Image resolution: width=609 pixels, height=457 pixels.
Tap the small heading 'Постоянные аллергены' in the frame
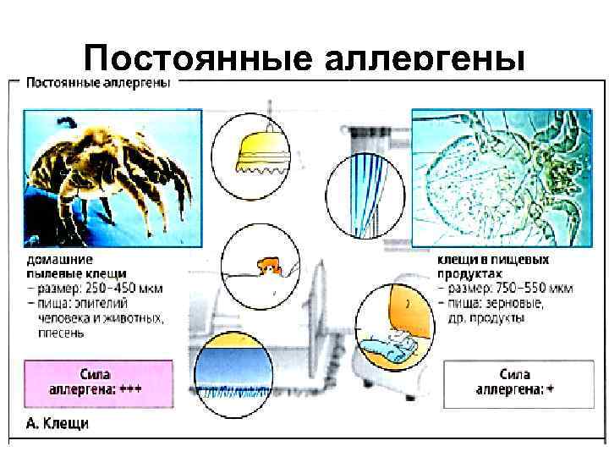(98, 83)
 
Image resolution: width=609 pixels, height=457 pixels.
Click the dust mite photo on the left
(112, 177)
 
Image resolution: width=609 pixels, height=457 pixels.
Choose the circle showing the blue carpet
(236, 373)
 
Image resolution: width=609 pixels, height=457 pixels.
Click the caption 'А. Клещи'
(57, 423)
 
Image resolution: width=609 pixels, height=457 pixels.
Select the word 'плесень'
(60, 333)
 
